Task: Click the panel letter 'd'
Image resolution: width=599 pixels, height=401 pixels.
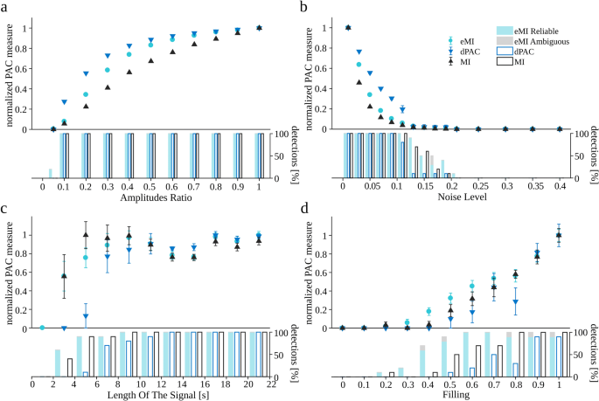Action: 305,209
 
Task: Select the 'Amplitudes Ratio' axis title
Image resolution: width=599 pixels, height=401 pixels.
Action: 150,198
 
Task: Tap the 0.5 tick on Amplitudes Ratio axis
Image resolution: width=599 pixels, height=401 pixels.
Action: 150,187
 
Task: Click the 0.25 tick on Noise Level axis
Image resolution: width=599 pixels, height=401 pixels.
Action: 478,187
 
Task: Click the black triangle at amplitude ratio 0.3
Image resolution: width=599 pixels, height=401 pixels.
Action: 108,87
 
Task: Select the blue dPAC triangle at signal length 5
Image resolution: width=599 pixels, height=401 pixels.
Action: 86,316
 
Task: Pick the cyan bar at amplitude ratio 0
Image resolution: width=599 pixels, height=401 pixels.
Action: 50,173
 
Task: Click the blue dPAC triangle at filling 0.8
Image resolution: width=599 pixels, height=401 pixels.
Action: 516,302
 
